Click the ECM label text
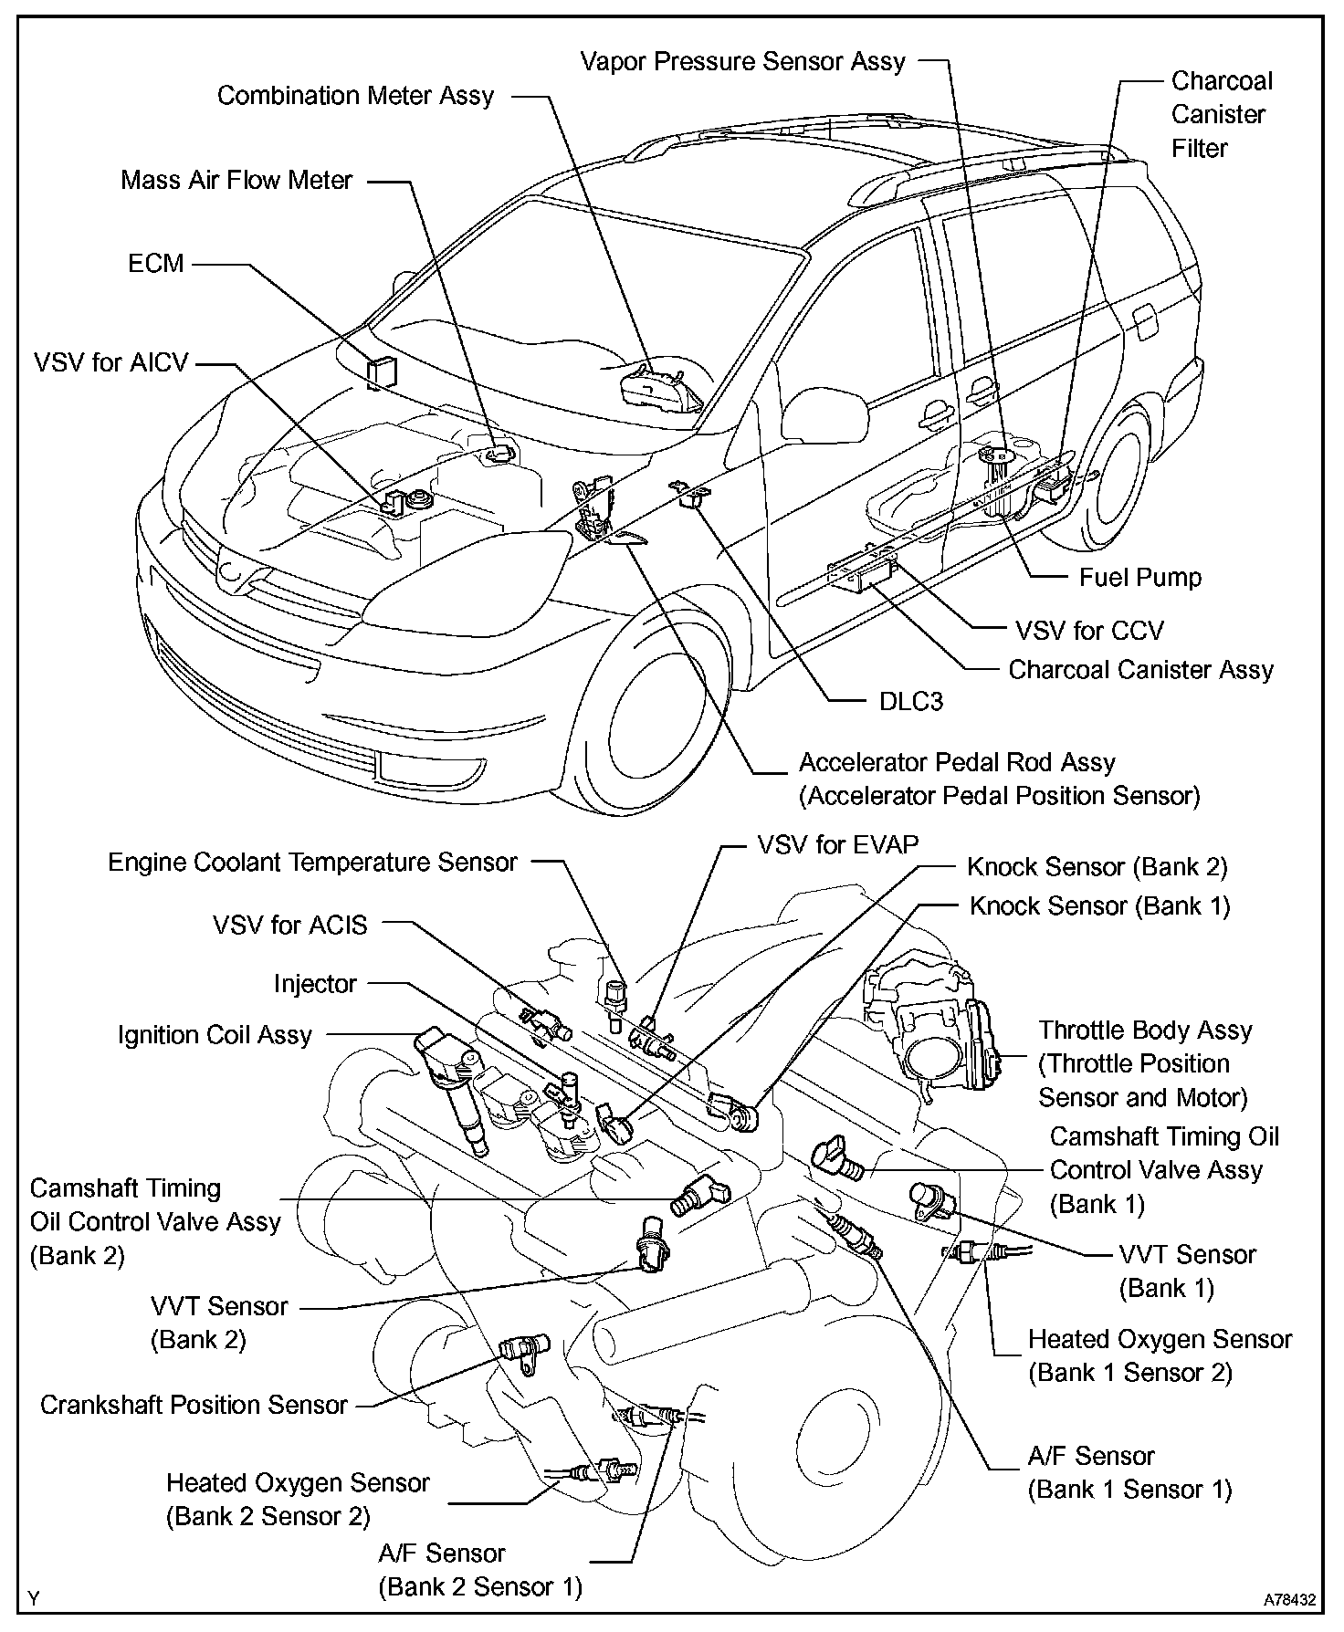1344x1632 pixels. (x=156, y=264)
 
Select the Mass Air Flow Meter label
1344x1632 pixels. (x=236, y=180)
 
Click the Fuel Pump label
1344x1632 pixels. (x=1140, y=577)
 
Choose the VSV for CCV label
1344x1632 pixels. (x=1089, y=631)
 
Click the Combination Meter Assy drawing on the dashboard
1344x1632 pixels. (x=656, y=391)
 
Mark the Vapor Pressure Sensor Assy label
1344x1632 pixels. (x=743, y=62)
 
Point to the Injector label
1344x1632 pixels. (x=315, y=984)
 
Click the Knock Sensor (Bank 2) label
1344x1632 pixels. (x=1097, y=866)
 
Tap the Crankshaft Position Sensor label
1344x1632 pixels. (x=194, y=1405)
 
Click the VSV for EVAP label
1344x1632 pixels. (x=838, y=844)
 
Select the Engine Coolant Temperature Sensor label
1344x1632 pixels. (x=312, y=863)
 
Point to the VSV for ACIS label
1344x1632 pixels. (x=290, y=925)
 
